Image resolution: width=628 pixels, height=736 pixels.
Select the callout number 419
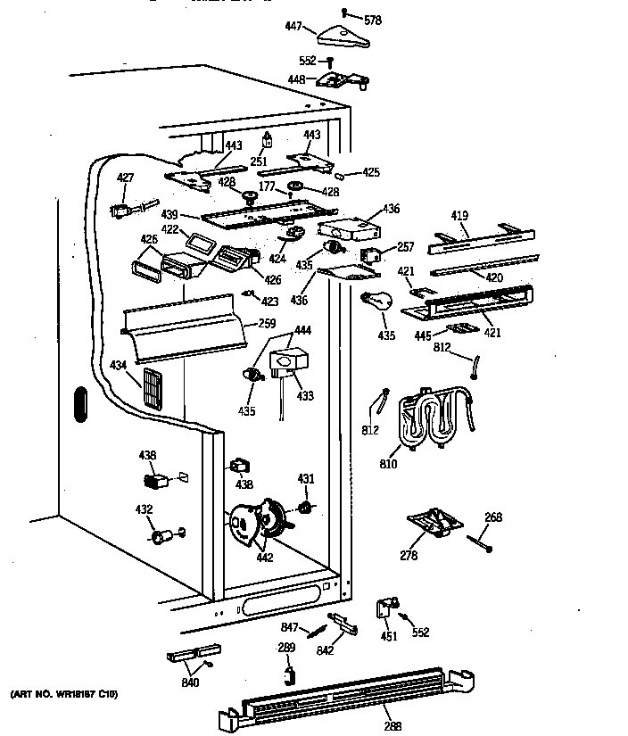[x=459, y=215]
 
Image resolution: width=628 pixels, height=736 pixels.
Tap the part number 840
[x=190, y=683]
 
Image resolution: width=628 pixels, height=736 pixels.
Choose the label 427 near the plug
[x=126, y=178]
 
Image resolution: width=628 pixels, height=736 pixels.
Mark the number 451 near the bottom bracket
[x=388, y=636]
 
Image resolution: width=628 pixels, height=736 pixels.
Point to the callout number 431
[x=305, y=479]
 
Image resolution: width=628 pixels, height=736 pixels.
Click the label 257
[x=404, y=246]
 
